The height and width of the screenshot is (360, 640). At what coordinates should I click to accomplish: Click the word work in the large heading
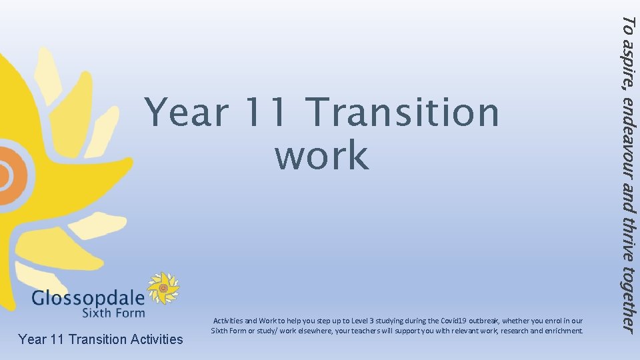[321, 155]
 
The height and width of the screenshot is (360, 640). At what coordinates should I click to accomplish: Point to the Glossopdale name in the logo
[87, 297]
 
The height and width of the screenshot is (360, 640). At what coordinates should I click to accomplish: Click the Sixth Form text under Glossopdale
[113, 312]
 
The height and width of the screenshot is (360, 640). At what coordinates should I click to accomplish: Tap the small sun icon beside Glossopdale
[163, 288]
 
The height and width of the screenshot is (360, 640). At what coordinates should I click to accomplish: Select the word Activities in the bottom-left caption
[153, 339]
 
